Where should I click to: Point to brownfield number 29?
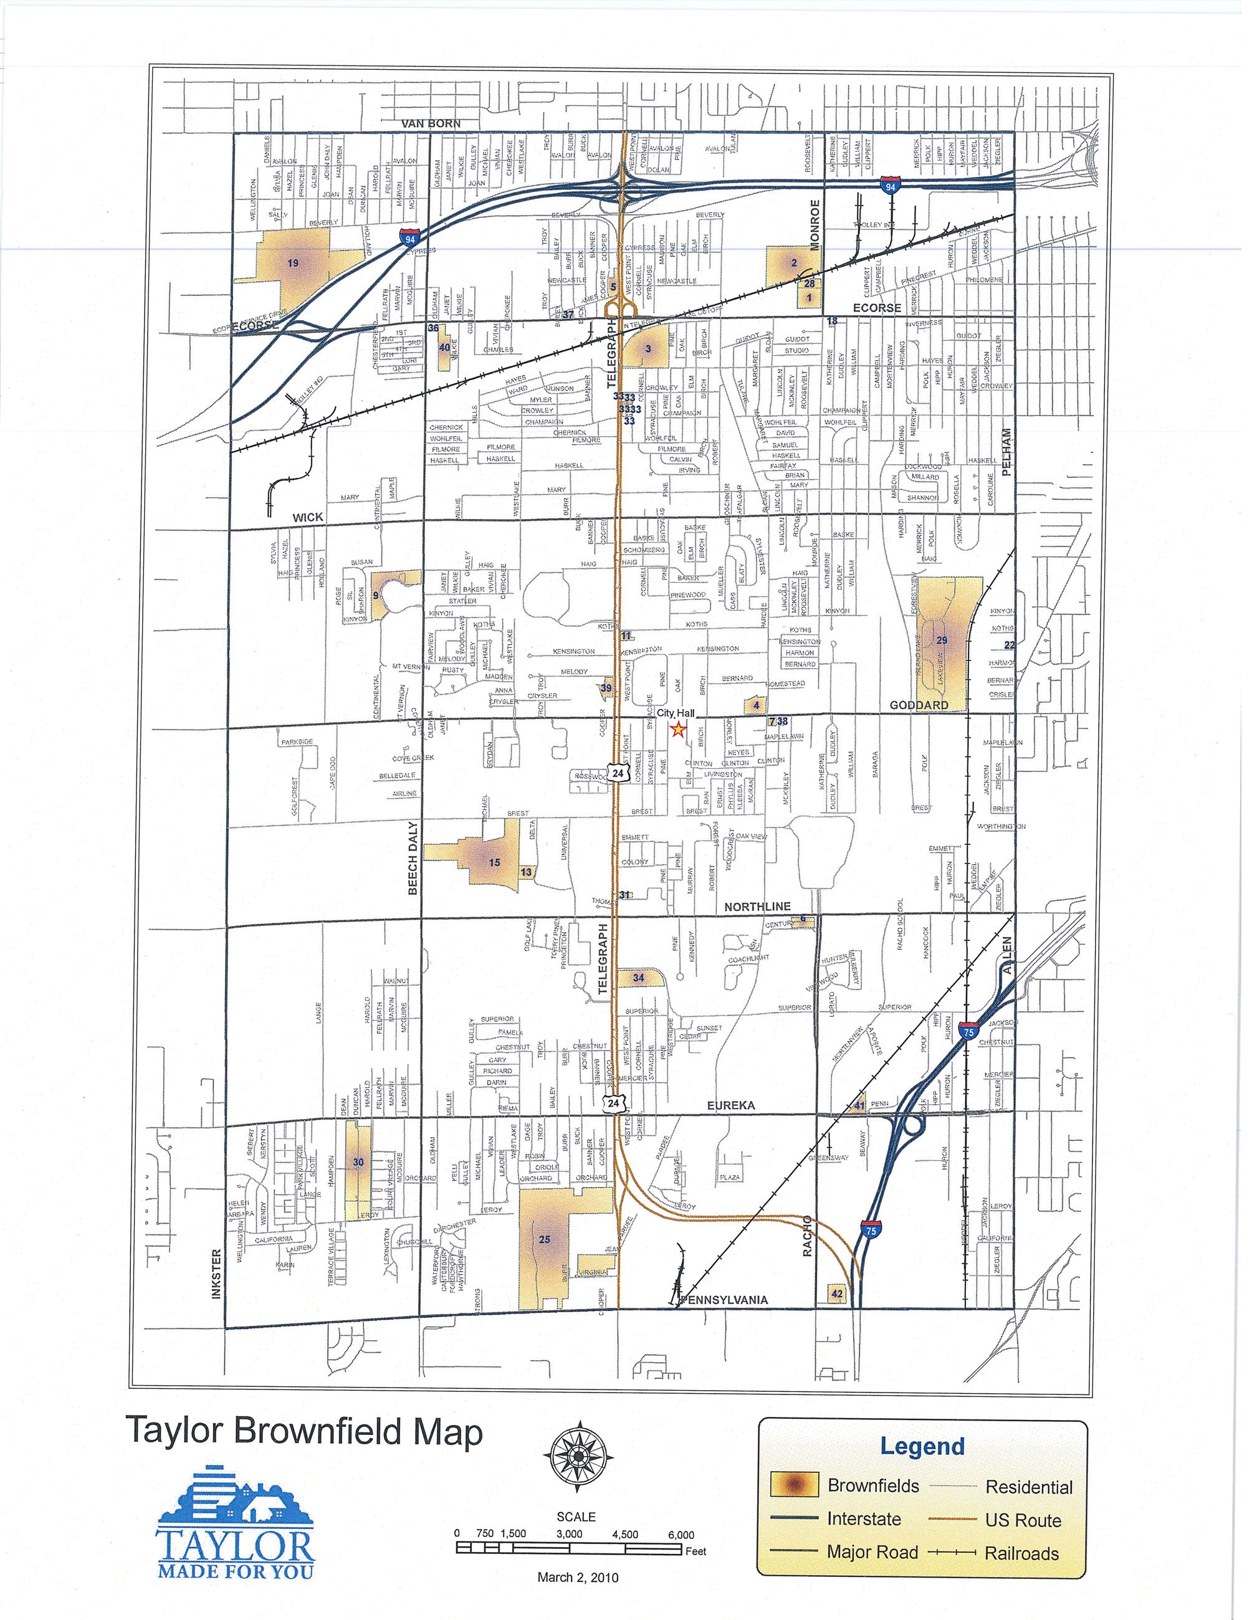pyautogui.click(x=942, y=640)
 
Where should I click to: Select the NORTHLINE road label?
pyautogui.click(x=757, y=907)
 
